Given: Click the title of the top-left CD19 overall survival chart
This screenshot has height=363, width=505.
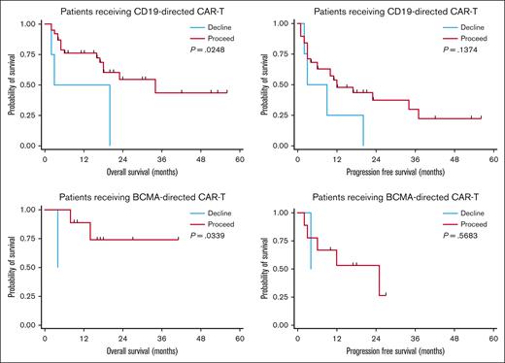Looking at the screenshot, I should (x=141, y=10).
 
